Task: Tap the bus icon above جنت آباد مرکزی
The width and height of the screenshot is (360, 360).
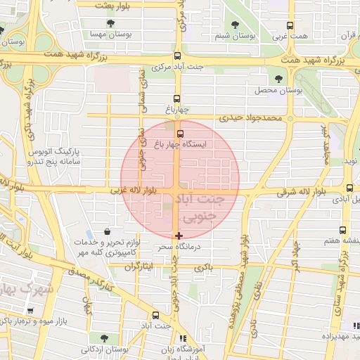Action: pyautogui.click(x=176, y=56)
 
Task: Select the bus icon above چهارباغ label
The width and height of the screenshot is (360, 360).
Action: pyautogui.click(x=176, y=99)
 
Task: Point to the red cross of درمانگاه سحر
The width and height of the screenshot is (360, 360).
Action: pyautogui.click(x=179, y=235)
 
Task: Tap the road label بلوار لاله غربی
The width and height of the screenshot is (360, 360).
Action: pyautogui.click(x=137, y=190)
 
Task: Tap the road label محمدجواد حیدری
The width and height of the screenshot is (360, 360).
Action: pyautogui.click(x=249, y=118)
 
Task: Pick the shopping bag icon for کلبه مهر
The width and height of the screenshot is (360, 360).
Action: pyautogui.click(x=106, y=231)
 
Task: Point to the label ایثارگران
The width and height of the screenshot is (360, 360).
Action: pyautogui.click(x=139, y=267)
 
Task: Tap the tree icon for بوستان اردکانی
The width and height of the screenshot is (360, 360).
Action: pyautogui.click(x=103, y=337)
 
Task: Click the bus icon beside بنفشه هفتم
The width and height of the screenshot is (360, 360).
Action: pyautogui.click(x=342, y=230)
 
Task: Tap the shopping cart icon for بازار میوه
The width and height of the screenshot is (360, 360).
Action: pyautogui.click(x=30, y=310)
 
